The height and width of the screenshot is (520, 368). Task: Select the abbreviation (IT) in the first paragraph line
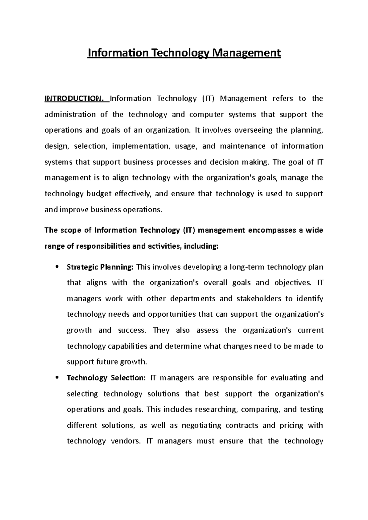[209, 99]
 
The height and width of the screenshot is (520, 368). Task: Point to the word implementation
[141, 146]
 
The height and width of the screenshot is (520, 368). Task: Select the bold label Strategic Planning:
[100, 267]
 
